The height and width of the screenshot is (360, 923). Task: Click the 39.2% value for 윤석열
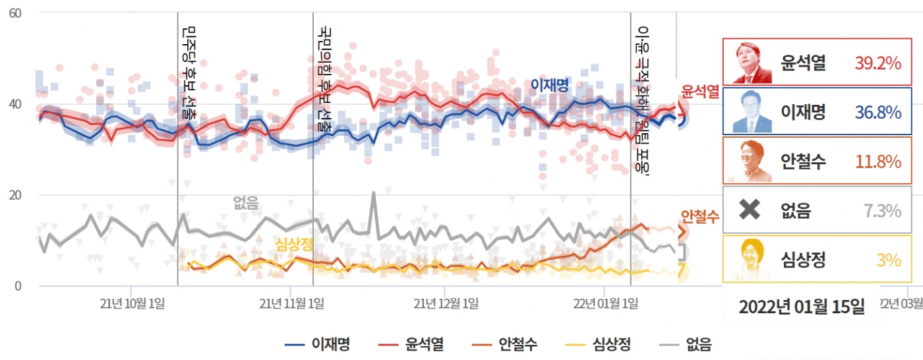tap(878, 63)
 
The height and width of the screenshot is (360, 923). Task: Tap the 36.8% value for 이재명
tap(878, 112)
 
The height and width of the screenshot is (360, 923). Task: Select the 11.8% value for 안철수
tap(878, 162)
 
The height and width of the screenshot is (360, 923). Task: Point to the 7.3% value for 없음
tap(882, 211)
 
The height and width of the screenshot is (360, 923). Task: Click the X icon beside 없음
tap(750, 210)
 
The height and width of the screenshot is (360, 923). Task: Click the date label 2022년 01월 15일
tap(801, 307)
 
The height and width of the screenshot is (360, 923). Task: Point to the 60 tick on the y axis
tap(15, 13)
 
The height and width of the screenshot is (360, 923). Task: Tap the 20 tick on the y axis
tap(15, 195)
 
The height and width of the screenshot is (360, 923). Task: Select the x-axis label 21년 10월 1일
tap(133, 303)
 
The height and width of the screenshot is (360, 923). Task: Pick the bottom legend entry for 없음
tap(685, 344)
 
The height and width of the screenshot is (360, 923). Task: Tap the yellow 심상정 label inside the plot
tap(293, 244)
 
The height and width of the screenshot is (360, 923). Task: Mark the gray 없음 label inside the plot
tap(246, 202)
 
